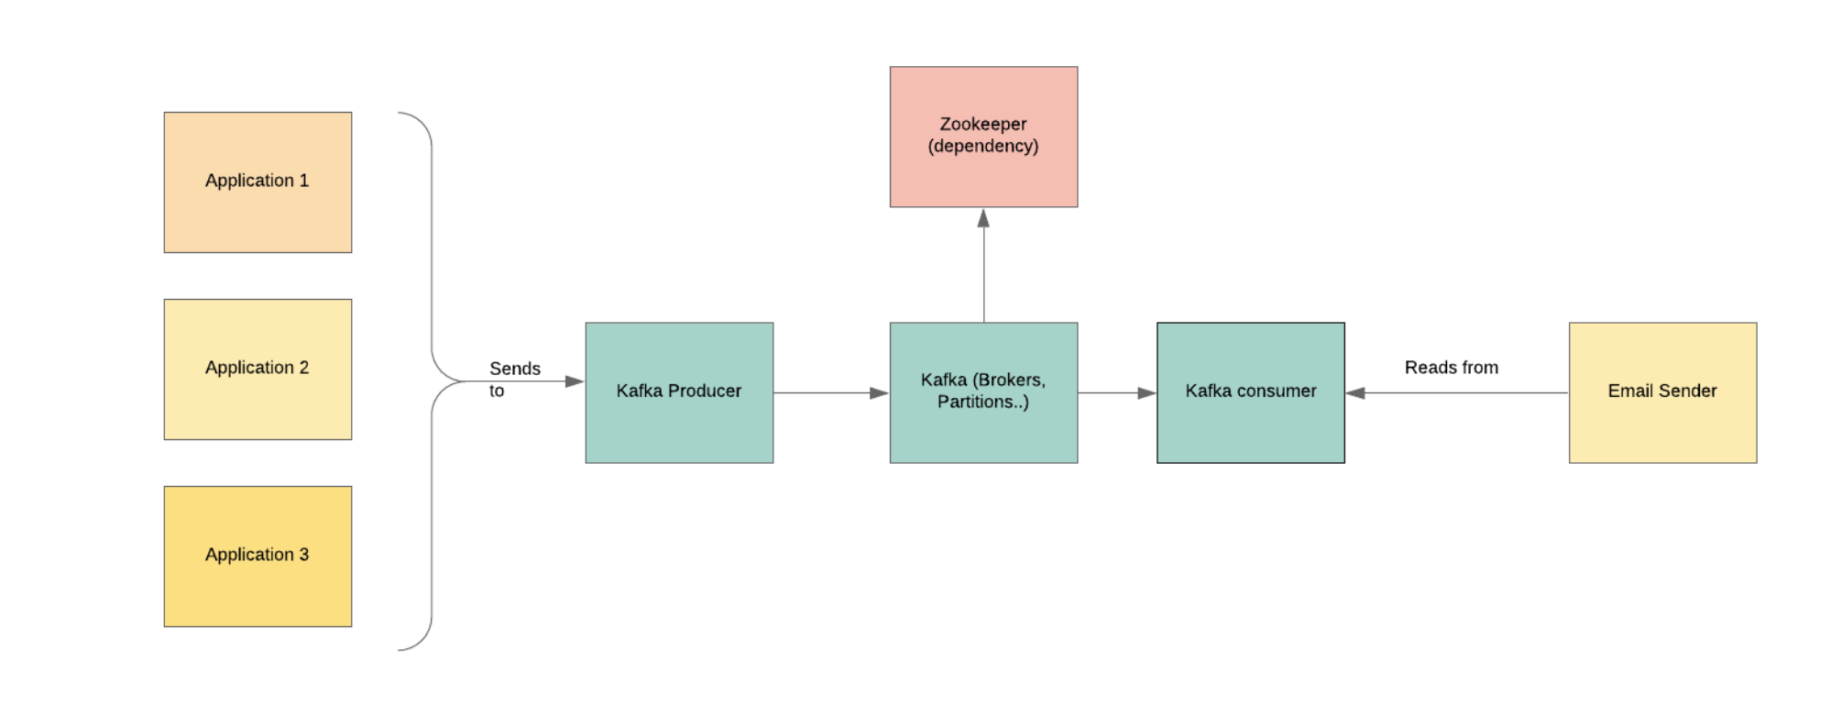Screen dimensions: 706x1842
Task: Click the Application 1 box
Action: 258,182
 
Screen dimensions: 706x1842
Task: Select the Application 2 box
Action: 258,370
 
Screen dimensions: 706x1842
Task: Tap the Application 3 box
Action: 258,557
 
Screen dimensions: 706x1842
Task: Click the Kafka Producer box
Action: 679,392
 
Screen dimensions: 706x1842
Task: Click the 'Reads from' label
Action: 1452,368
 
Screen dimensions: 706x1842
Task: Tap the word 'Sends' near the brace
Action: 515,369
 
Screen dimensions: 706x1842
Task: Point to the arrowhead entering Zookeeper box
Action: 983,218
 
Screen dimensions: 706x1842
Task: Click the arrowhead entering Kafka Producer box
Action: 575,381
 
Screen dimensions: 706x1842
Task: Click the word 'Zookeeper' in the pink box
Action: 983,124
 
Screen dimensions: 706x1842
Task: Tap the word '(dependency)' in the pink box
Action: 983,146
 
